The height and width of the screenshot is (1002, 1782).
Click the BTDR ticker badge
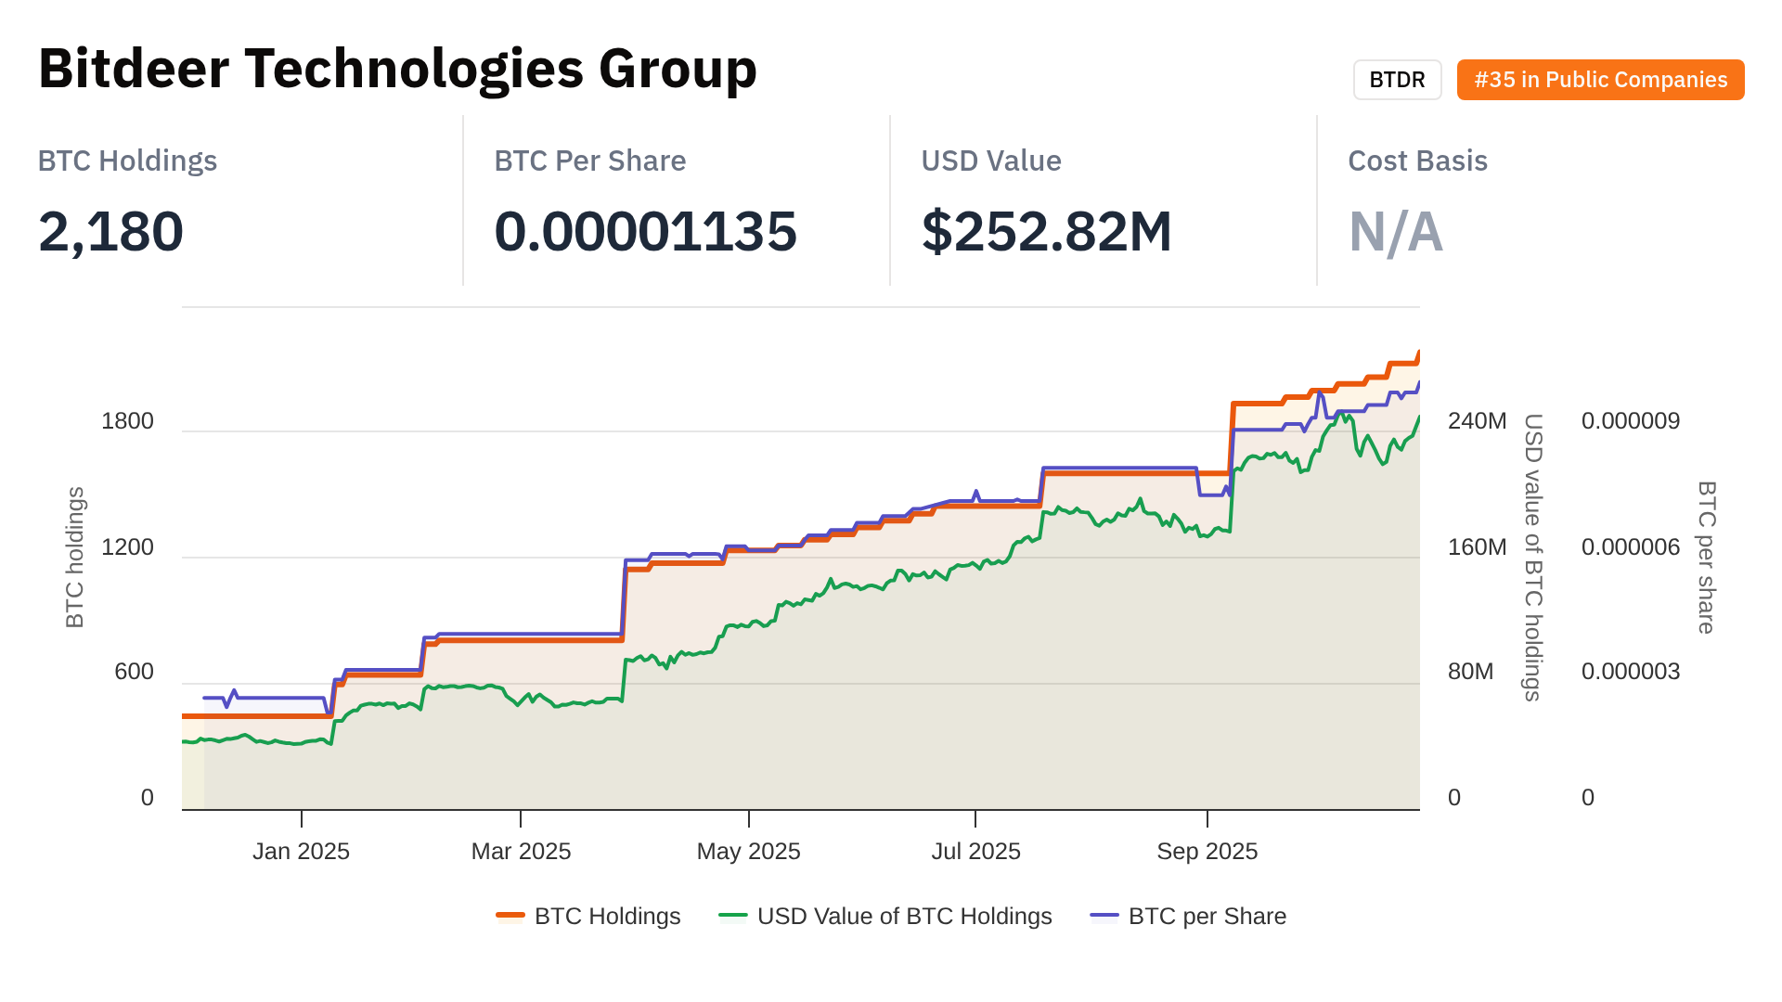[1397, 80]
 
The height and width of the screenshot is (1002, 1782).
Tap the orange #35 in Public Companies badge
[1600, 80]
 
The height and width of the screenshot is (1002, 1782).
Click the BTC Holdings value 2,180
[110, 231]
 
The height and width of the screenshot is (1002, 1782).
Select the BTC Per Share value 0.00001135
[645, 231]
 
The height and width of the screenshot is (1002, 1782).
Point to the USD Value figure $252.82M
[1046, 231]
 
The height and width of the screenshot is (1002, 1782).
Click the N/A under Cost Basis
[1395, 231]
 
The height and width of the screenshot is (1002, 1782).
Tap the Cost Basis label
[1417, 161]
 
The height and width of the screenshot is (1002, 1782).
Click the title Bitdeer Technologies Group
[397, 69]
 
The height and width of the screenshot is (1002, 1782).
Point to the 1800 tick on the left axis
[127, 421]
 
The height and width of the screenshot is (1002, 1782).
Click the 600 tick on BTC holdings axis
[134, 672]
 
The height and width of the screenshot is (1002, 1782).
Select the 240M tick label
[1477, 421]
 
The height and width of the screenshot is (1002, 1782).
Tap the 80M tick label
[1470, 672]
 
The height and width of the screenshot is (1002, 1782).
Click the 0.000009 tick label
[1630, 421]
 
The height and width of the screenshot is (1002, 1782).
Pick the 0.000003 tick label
[1630, 672]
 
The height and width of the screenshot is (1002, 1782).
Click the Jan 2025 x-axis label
[301, 852]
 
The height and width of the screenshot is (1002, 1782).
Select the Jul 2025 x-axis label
[975, 852]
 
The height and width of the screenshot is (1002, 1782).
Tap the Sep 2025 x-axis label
[1207, 852]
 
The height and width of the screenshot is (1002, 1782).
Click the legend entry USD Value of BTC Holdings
[904, 917]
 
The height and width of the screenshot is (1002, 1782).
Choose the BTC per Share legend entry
[1207, 917]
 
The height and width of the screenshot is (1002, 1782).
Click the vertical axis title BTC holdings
[75, 557]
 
